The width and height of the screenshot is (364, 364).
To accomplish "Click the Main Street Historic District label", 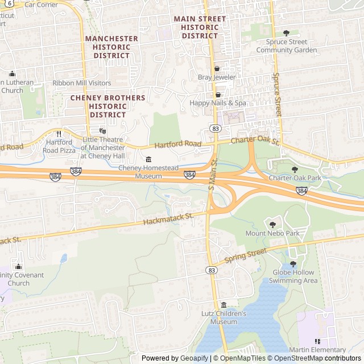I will pyautogui.click(x=200, y=27).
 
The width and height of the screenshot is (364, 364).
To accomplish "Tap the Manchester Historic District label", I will pyautogui.click(x=111, y=47).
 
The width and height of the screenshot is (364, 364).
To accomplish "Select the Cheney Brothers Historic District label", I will pyautogui.click(x=107, y=106).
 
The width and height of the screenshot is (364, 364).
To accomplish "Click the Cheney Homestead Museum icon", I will pyautogui.click(x=149, y=159).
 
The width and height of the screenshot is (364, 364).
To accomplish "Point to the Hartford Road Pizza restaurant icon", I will pyautogui.click(x=59, y=134).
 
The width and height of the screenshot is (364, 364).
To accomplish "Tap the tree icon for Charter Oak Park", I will pyautogui.click(x=295, y=169).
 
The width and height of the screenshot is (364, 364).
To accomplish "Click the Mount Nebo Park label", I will pyautogui.click(x=272, y=233).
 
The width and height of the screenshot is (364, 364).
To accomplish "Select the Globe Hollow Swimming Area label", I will pyautogui.click(x=295, y=276).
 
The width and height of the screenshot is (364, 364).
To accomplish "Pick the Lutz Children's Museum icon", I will pyautogui.click(x=224, y=305).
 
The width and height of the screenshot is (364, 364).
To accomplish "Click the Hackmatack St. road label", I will pyautogui.click(x=169, y=218).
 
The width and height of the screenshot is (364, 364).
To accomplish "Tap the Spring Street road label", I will pyautogui.click(x=245, y=255).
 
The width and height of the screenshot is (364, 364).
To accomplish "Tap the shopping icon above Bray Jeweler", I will pyautogui.click(x=217, y=68).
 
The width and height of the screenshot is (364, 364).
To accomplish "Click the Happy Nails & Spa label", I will pyautogui.click(x=218, y=103).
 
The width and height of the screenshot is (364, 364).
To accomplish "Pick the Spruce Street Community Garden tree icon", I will pyautogui.click(x=286, y=33).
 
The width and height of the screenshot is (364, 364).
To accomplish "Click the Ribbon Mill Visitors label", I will pyautogui.click(x=82, y=82).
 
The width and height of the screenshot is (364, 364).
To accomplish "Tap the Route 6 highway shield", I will pyautogui.click(x=10, y=3).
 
